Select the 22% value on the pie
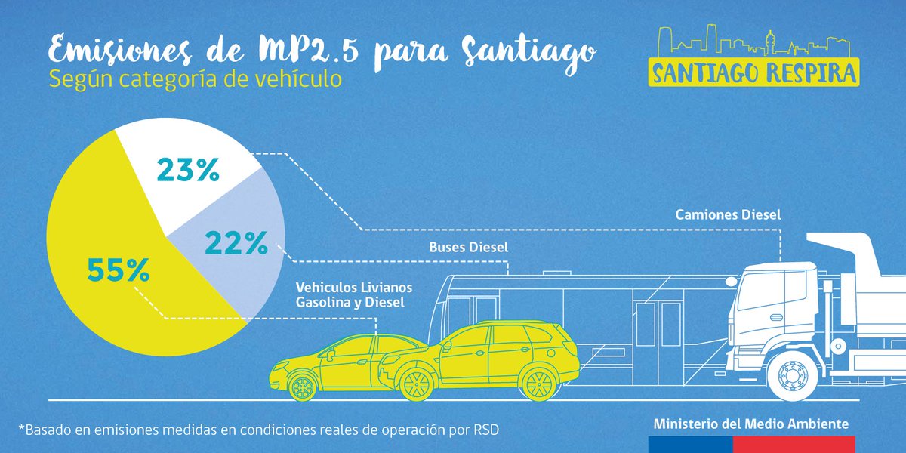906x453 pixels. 236,243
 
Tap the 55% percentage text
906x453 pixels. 117,270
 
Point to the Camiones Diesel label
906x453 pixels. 728,214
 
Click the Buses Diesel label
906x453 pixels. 469,247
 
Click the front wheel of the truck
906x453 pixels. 791,377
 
